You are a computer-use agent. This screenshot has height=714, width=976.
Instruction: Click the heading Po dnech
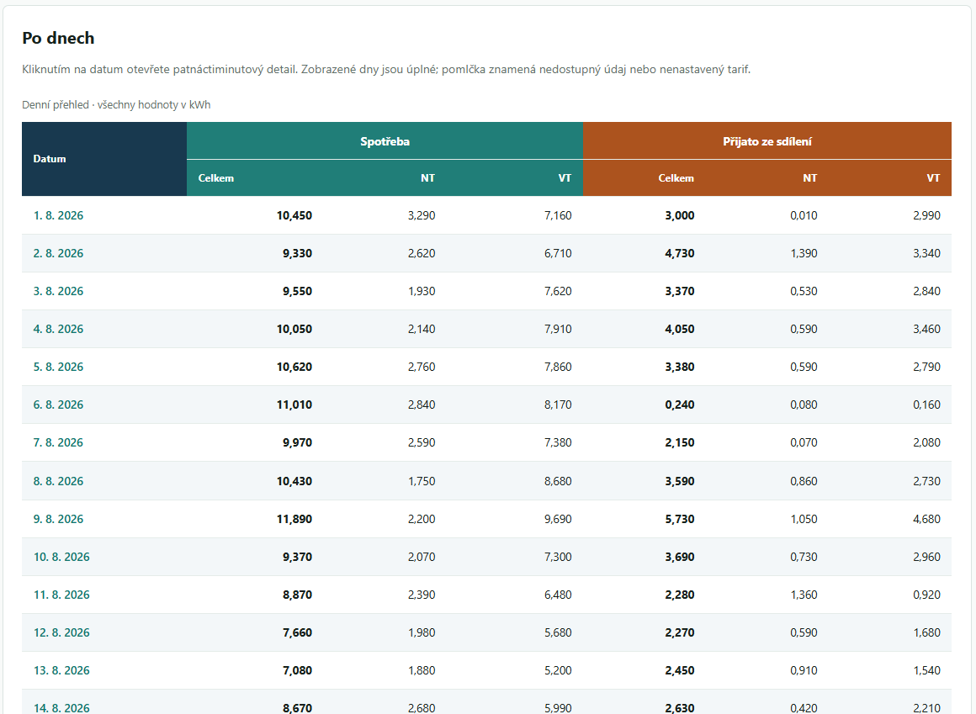[x=59, y=38]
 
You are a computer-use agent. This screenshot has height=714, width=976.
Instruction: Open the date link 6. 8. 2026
[x=59, y=405]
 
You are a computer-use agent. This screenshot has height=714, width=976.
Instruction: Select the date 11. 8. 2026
[x=61, y=595]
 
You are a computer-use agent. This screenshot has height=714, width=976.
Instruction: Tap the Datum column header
[x=50, y=159]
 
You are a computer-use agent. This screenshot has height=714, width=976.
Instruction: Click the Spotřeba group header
[x=385, y=142]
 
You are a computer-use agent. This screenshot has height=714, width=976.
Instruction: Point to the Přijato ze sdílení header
[x=766, y=142]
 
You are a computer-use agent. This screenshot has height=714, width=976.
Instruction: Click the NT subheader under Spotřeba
[x=427, y=178]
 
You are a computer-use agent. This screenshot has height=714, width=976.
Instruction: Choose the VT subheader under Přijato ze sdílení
[x=933, y=178]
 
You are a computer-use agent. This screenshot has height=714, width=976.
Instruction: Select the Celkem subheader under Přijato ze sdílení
[x=676, y=178]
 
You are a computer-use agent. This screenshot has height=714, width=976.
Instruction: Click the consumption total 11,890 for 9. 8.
[x=294, y=520]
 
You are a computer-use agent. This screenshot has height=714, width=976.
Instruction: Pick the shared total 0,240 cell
[x=680, y=405]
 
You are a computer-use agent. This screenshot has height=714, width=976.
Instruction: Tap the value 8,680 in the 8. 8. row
[x=558, y=481]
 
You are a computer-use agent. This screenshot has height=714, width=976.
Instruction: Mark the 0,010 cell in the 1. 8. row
[x=804, y=216]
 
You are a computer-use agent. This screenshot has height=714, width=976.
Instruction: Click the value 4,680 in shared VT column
[x=927, y=520]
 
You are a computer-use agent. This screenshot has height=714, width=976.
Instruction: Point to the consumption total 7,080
[x=298, y=670]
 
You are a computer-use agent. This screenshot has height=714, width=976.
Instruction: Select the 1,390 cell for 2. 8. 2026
[x=804, y=254]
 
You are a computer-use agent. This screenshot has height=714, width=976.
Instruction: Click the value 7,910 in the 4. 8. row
[x=558, y=329]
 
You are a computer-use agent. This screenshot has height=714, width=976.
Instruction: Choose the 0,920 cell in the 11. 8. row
[x=927, y=595]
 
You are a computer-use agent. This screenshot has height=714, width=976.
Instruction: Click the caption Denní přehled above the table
[x=56, y=105]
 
